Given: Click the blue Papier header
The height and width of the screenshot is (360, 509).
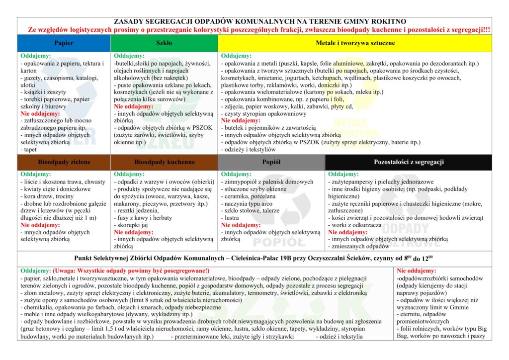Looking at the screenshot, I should tap(64, 43).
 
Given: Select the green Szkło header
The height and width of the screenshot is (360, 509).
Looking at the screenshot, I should tap(164, 43).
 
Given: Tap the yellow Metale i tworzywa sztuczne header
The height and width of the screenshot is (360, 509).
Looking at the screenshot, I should tap(355, 43).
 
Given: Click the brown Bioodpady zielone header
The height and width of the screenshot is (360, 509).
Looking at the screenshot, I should tap(64, 162).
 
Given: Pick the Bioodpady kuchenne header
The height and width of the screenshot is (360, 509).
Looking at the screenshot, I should tap(164, 162).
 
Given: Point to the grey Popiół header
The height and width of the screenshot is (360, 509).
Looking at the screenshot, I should tap(271, 162).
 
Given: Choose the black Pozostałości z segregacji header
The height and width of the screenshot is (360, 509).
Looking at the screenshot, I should tap(409, 162).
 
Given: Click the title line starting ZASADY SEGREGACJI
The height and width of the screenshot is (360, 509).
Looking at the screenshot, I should tap(260, 22).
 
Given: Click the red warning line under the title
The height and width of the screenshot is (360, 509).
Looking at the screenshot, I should tap(259, 30).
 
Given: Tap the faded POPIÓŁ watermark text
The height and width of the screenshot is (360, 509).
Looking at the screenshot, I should tap(279, 242).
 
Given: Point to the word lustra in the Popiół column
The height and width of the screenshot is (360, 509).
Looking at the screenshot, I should tap(231, 218).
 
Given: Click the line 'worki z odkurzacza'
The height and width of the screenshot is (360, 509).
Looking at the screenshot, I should tap(355, 225).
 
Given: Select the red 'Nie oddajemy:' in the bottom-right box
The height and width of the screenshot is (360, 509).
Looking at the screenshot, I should tap(417, 271).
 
